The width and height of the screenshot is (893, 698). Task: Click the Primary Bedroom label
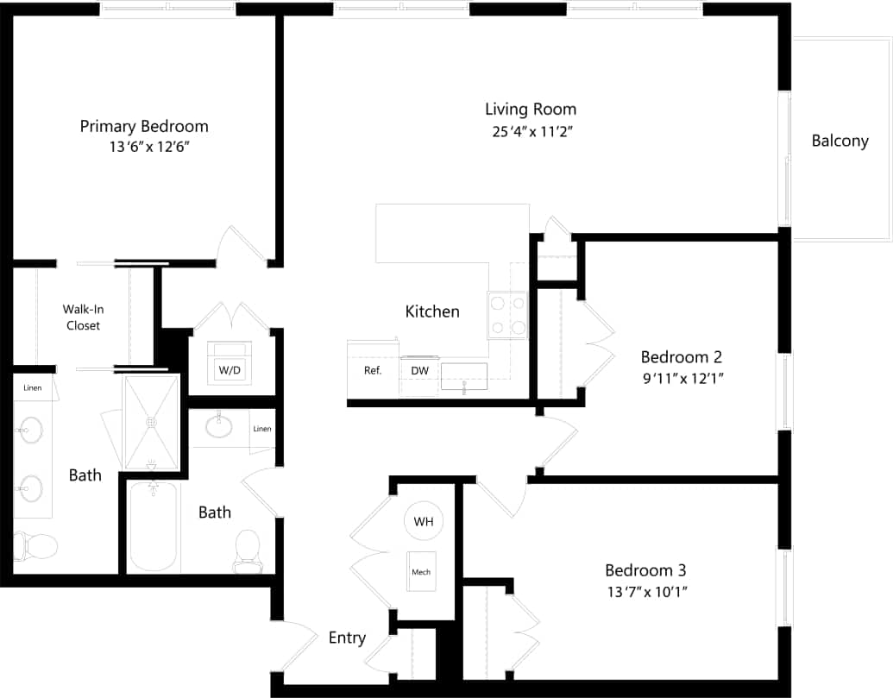(144, 126)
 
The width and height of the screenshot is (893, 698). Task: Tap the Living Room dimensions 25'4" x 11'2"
(530, 132)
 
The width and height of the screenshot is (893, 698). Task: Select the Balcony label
(840, 141)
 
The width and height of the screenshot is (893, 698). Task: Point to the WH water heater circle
(423, 521)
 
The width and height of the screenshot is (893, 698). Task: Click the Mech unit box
(421, 572)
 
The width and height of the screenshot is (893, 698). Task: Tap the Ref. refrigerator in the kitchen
(373, 370)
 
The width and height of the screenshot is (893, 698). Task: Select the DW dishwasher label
(420, 370)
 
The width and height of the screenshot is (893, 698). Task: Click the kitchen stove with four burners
(508, 315)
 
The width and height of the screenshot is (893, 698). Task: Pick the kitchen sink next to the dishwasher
(464, 378)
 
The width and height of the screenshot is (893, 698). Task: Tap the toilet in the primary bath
(35, 545)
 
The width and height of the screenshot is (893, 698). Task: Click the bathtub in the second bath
(153, 526)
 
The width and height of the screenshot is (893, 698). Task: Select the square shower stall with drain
(152, 423)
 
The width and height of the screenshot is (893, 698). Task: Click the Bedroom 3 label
(645, 570)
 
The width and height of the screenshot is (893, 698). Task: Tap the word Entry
(347, 638)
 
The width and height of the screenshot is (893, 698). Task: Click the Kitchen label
(432, 311)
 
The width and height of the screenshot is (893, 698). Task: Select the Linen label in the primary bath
(32, 387)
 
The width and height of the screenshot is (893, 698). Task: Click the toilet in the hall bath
(247, 550)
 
